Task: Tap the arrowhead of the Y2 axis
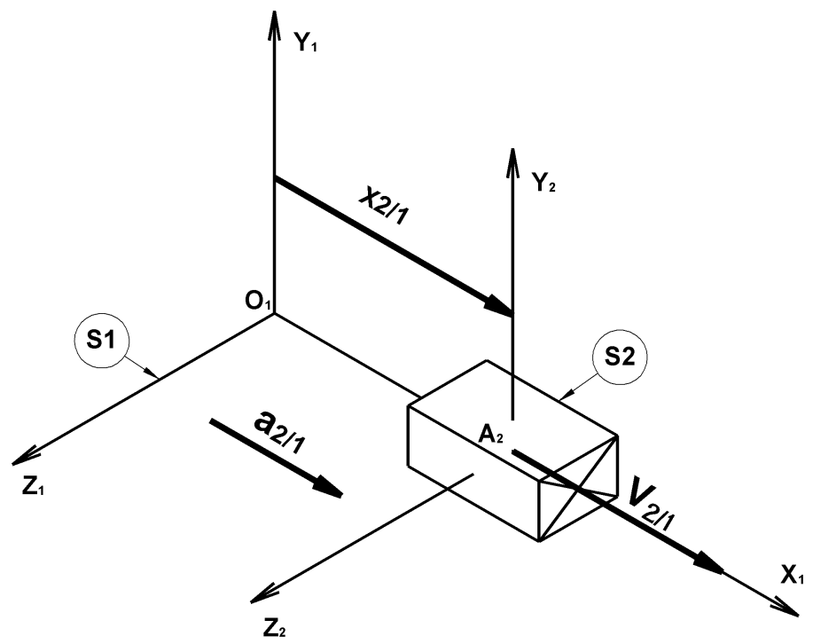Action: point(512,160)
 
